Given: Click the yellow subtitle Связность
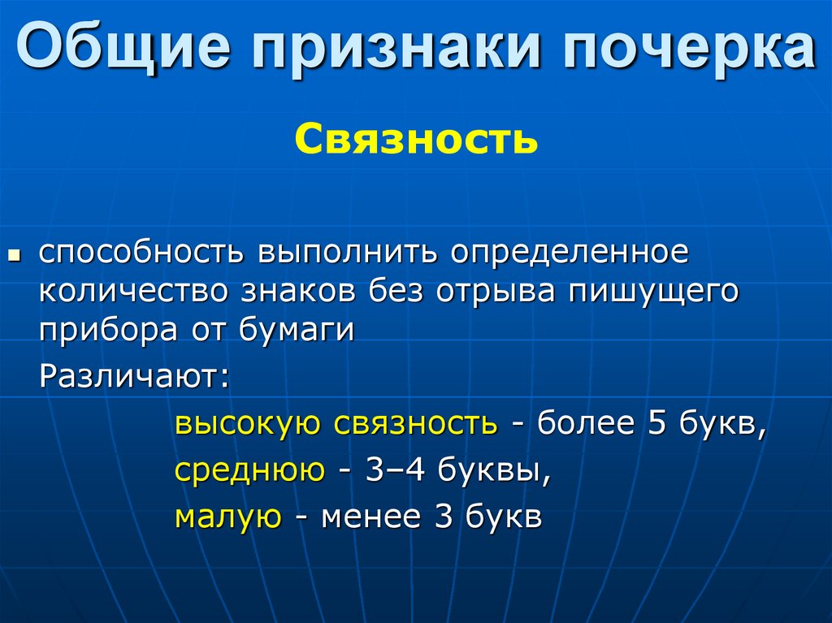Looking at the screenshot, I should tap(415, 138).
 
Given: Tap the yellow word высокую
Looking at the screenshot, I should tap(244, 424).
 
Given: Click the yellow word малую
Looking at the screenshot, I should tap(228, 517).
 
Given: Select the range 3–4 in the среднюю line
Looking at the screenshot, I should tap(394, 469).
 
